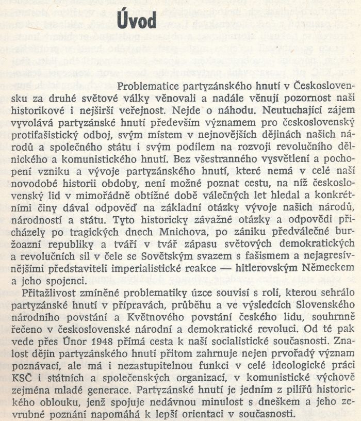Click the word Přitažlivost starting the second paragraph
pos(48,294)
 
